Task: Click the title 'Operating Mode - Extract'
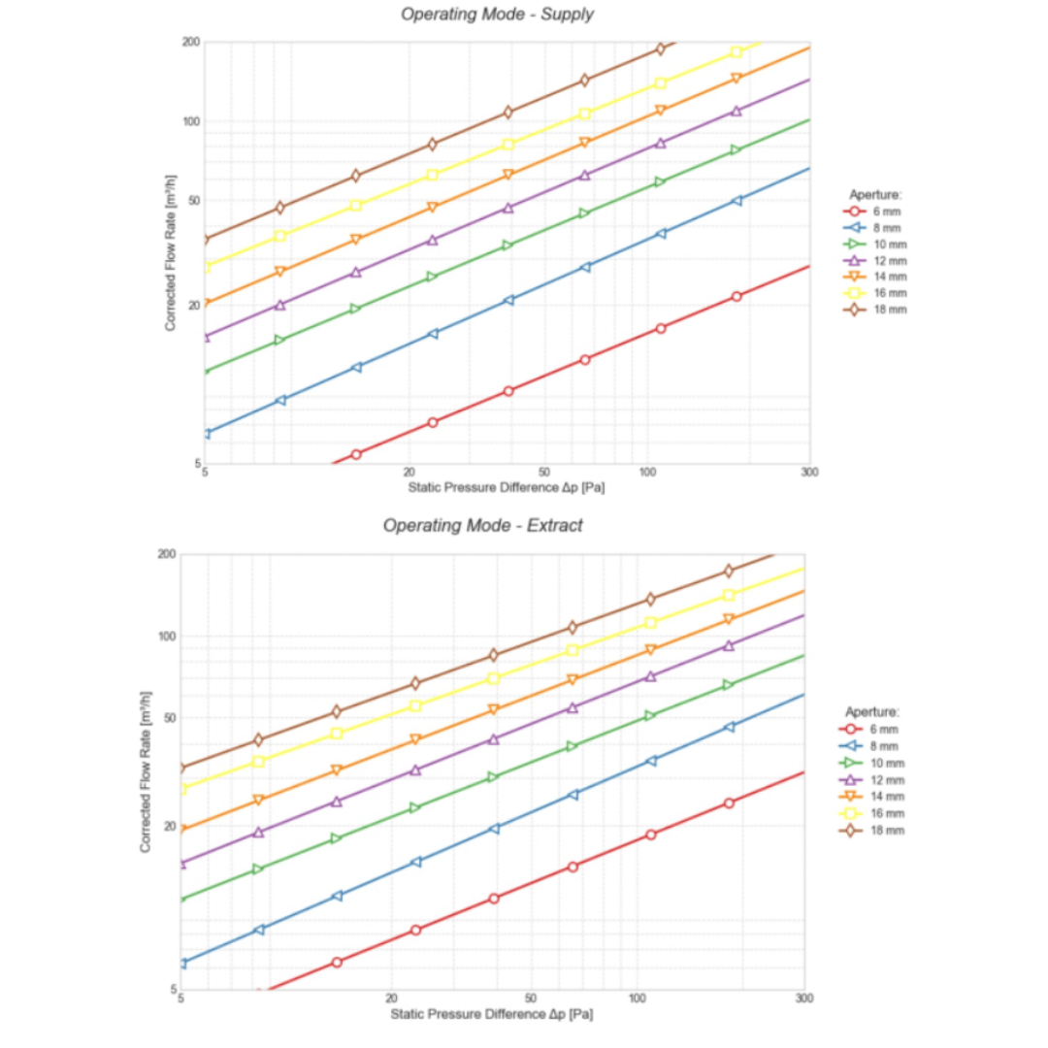[x=482, y=526]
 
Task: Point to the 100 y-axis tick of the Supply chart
[x=188, y=121]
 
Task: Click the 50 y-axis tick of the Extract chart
[x=166, y=718]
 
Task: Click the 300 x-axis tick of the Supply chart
[x=809, y=474]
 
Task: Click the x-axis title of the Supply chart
[x=507, y=487]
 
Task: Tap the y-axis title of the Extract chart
[x=145, y=771]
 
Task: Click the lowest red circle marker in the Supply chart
[x=356, y=454]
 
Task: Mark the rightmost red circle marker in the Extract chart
[x=729, y=802]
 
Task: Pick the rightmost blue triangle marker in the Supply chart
[x=737, y=201]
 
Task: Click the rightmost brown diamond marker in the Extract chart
[x=729, y=571]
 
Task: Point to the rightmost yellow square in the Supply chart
[x=737, y=52]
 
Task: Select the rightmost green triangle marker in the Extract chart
[x=729, y=685]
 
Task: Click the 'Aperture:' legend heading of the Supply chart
[x=876, y=194]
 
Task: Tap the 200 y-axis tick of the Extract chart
[x=166, y=554]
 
